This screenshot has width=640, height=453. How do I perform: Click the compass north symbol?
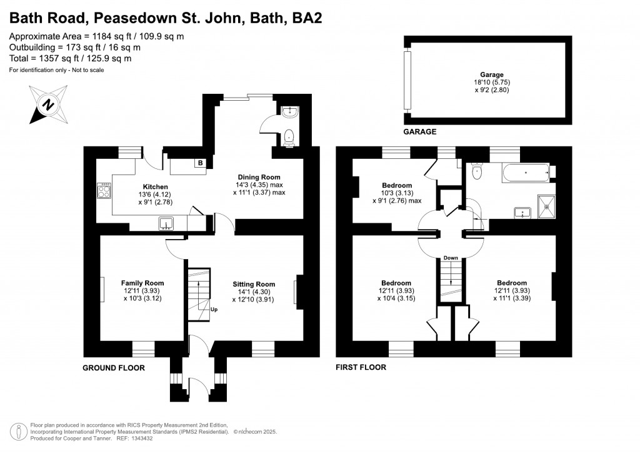(x=49, y=104)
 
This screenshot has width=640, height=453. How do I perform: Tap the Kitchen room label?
(x=155, y=187)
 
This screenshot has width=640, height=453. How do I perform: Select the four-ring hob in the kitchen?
(x=104, y=190)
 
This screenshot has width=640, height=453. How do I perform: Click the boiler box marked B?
(x=200, y=163)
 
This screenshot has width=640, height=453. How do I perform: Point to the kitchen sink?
(x=166, y=223)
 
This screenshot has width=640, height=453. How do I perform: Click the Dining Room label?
(x=259, y=177)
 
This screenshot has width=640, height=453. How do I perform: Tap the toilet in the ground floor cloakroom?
(x=289, y=137)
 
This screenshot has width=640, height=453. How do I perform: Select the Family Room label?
(x=142, y=283)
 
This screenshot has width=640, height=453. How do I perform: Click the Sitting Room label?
(x=254, y=284)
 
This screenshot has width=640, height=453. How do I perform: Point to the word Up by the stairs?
(x=214, y=310)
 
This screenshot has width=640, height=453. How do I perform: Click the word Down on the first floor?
(x=451, y=258)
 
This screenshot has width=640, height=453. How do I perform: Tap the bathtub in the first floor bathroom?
(x=526, y=173)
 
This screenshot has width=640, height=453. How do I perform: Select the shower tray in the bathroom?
(x=546, y=206)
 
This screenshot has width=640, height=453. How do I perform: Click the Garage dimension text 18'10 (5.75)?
(x=492, y=82)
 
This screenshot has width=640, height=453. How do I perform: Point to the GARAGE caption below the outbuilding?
(x=419, y=131)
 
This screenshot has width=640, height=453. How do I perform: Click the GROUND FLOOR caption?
(x=114, y=368)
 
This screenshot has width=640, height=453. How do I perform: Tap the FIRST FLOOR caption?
(x=361, y=367)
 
